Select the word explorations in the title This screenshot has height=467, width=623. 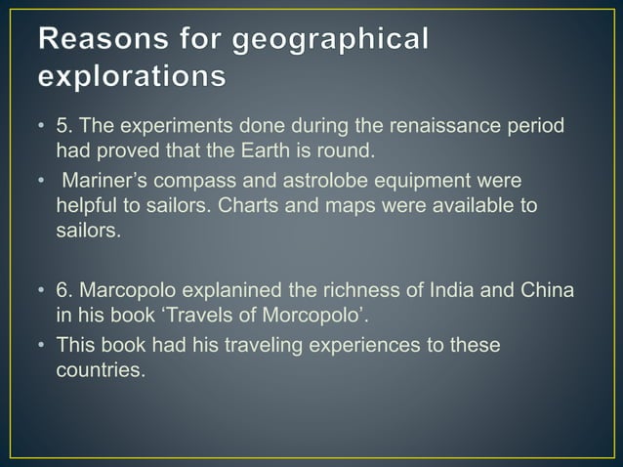(x=129, y=75)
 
